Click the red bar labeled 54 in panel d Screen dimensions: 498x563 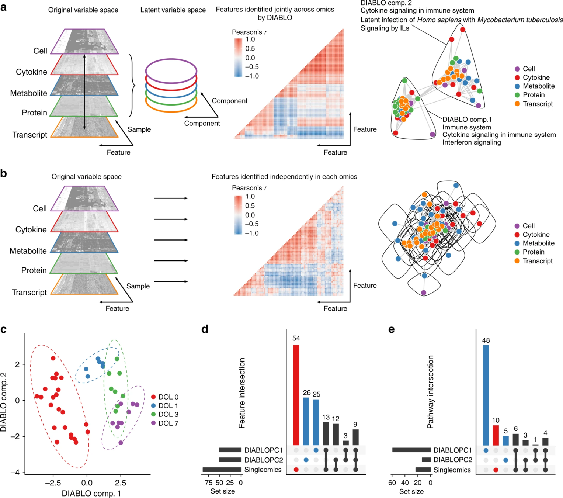click(296, 395)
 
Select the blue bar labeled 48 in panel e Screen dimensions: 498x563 click(486, 395)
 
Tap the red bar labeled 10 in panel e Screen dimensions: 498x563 click(496, 435)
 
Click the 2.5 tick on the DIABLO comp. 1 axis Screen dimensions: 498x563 click(120, 483)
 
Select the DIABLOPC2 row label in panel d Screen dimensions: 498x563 click(264, 460)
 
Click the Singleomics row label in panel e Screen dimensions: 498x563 click(452, 470)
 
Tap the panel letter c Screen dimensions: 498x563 click(4, 329)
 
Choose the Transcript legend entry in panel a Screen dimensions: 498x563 click(538, 104)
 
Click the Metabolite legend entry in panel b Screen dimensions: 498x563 click(538, 243)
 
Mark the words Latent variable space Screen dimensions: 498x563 click(173, 10)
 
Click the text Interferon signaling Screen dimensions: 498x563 click(472, 142)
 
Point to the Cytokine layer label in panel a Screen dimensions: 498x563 click(31, 72)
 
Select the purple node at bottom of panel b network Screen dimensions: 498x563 click(424, 293)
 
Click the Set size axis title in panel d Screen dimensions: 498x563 click(222, 491)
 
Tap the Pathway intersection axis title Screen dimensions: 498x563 click(430, 392)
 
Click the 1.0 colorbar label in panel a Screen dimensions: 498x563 click(250, 39)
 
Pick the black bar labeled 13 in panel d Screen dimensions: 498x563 click(326, 433)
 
